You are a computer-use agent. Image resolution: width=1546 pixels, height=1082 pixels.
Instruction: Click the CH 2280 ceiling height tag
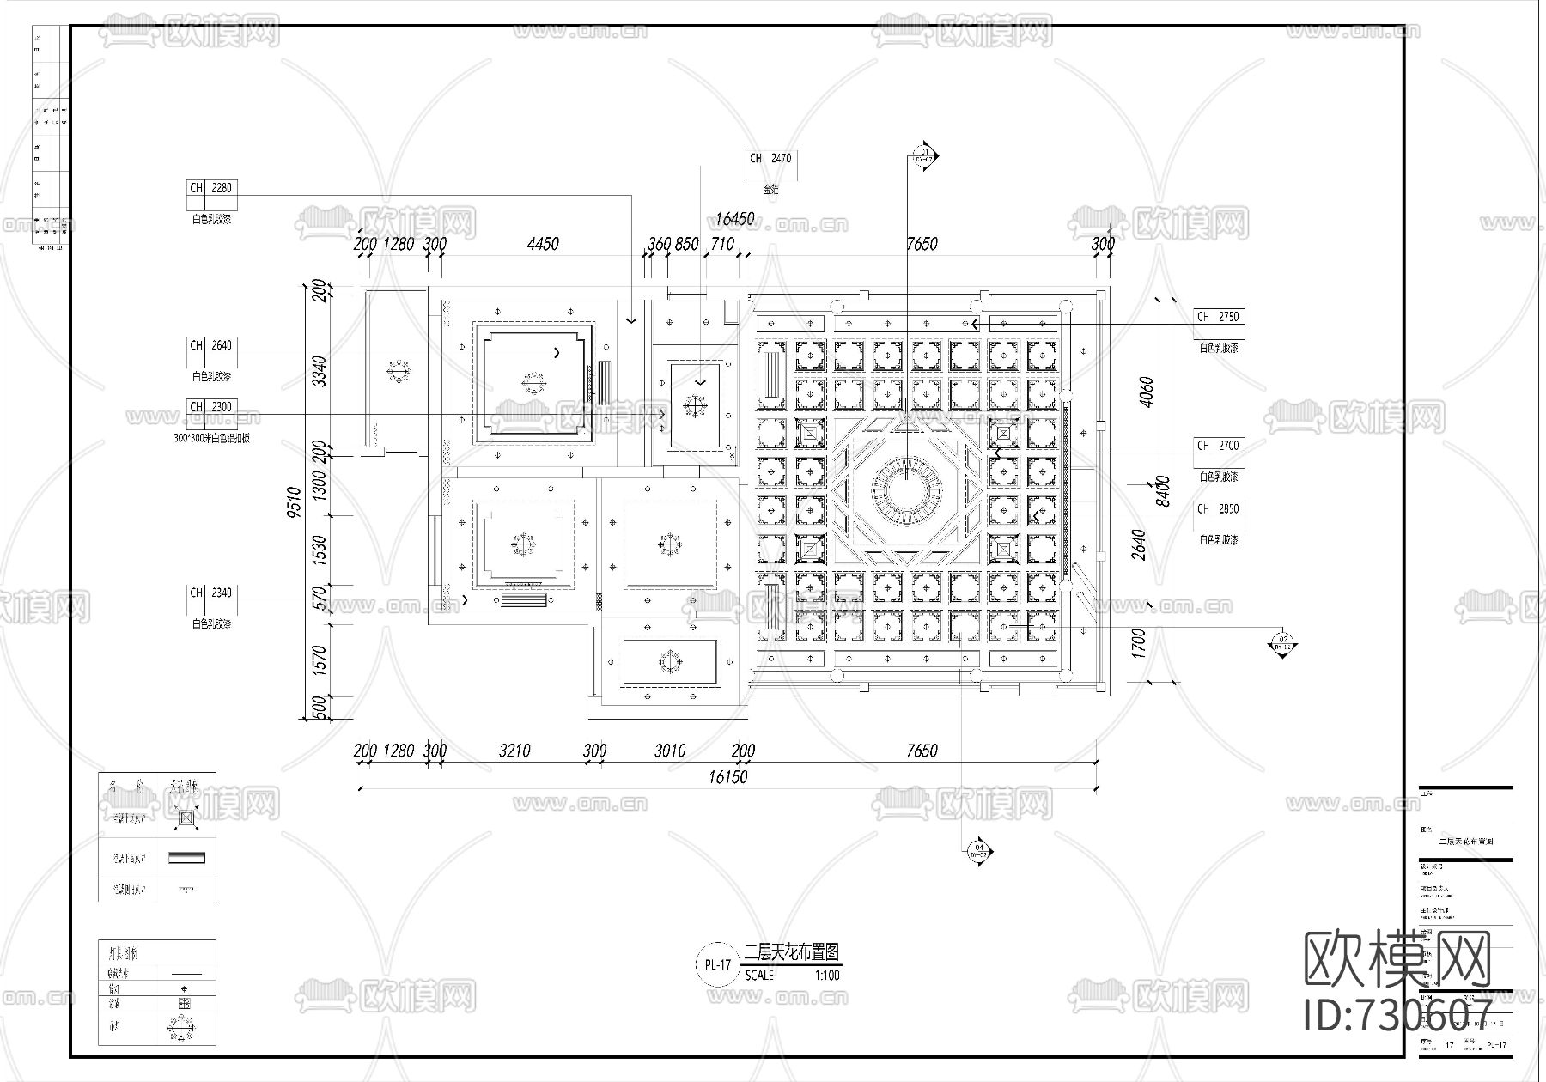tap(210, 188)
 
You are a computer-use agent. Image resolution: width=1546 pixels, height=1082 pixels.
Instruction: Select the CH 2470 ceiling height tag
tap(770, 159)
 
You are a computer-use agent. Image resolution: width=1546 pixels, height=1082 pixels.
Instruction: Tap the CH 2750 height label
tap(1219, 317)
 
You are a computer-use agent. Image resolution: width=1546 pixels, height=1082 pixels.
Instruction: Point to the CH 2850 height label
tap(1219, 509)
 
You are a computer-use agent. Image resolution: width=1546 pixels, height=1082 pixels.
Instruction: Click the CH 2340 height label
tap(210, 593)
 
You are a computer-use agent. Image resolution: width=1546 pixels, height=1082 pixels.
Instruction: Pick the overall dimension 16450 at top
tap(734, 219)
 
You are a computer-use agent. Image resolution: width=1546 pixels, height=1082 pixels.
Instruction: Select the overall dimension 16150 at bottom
tap(727, 777)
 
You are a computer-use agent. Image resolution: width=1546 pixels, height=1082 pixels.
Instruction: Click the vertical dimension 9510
tap(295, 502)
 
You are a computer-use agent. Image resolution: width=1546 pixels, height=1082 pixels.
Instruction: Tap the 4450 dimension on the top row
tap(543, 244)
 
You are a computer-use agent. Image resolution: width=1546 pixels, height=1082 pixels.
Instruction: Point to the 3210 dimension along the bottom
tap(514, 751)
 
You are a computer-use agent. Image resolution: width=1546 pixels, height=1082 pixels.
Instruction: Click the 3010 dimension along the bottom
tap(670, 751)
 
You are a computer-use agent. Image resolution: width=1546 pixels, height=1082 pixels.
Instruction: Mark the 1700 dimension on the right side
tap(1139, 641)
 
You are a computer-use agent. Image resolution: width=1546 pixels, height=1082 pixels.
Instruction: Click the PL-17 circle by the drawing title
tap(717, 964)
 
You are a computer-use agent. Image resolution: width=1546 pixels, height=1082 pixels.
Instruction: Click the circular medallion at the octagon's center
tap(906, 491)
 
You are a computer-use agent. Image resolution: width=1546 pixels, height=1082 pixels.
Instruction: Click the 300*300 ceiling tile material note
tap(211, 438)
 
